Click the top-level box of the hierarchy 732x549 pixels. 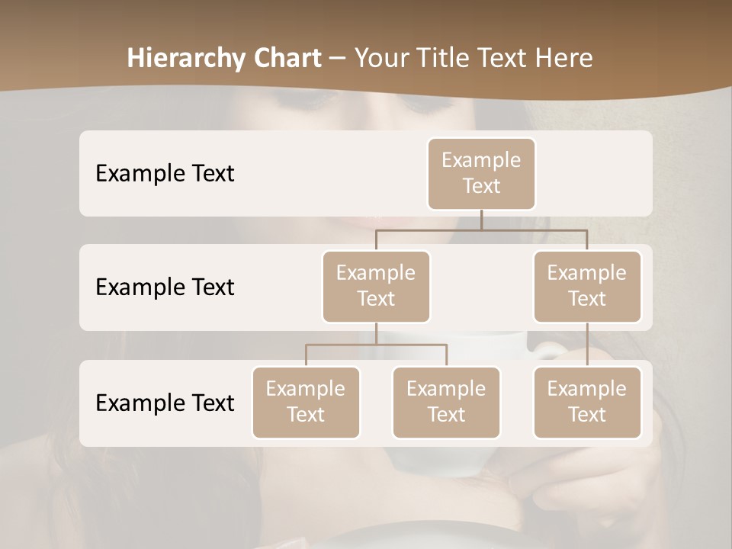pos(481,173)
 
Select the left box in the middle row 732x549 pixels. pos(376,286)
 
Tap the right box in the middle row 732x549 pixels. pos(587,286)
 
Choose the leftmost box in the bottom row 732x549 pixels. pos(306,402)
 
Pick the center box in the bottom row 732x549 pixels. pos(446,402)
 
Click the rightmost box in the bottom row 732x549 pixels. pos(587,402)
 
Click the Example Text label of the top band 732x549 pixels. pos(165,173)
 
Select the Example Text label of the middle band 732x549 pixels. pos(165,287)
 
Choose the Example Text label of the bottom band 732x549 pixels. pos(165,403)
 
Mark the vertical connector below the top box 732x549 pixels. pos(481,220)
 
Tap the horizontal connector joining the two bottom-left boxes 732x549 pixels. pos(376,345)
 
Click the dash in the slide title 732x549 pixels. pos(338,58)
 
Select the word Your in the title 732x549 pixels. pos(380,58)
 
